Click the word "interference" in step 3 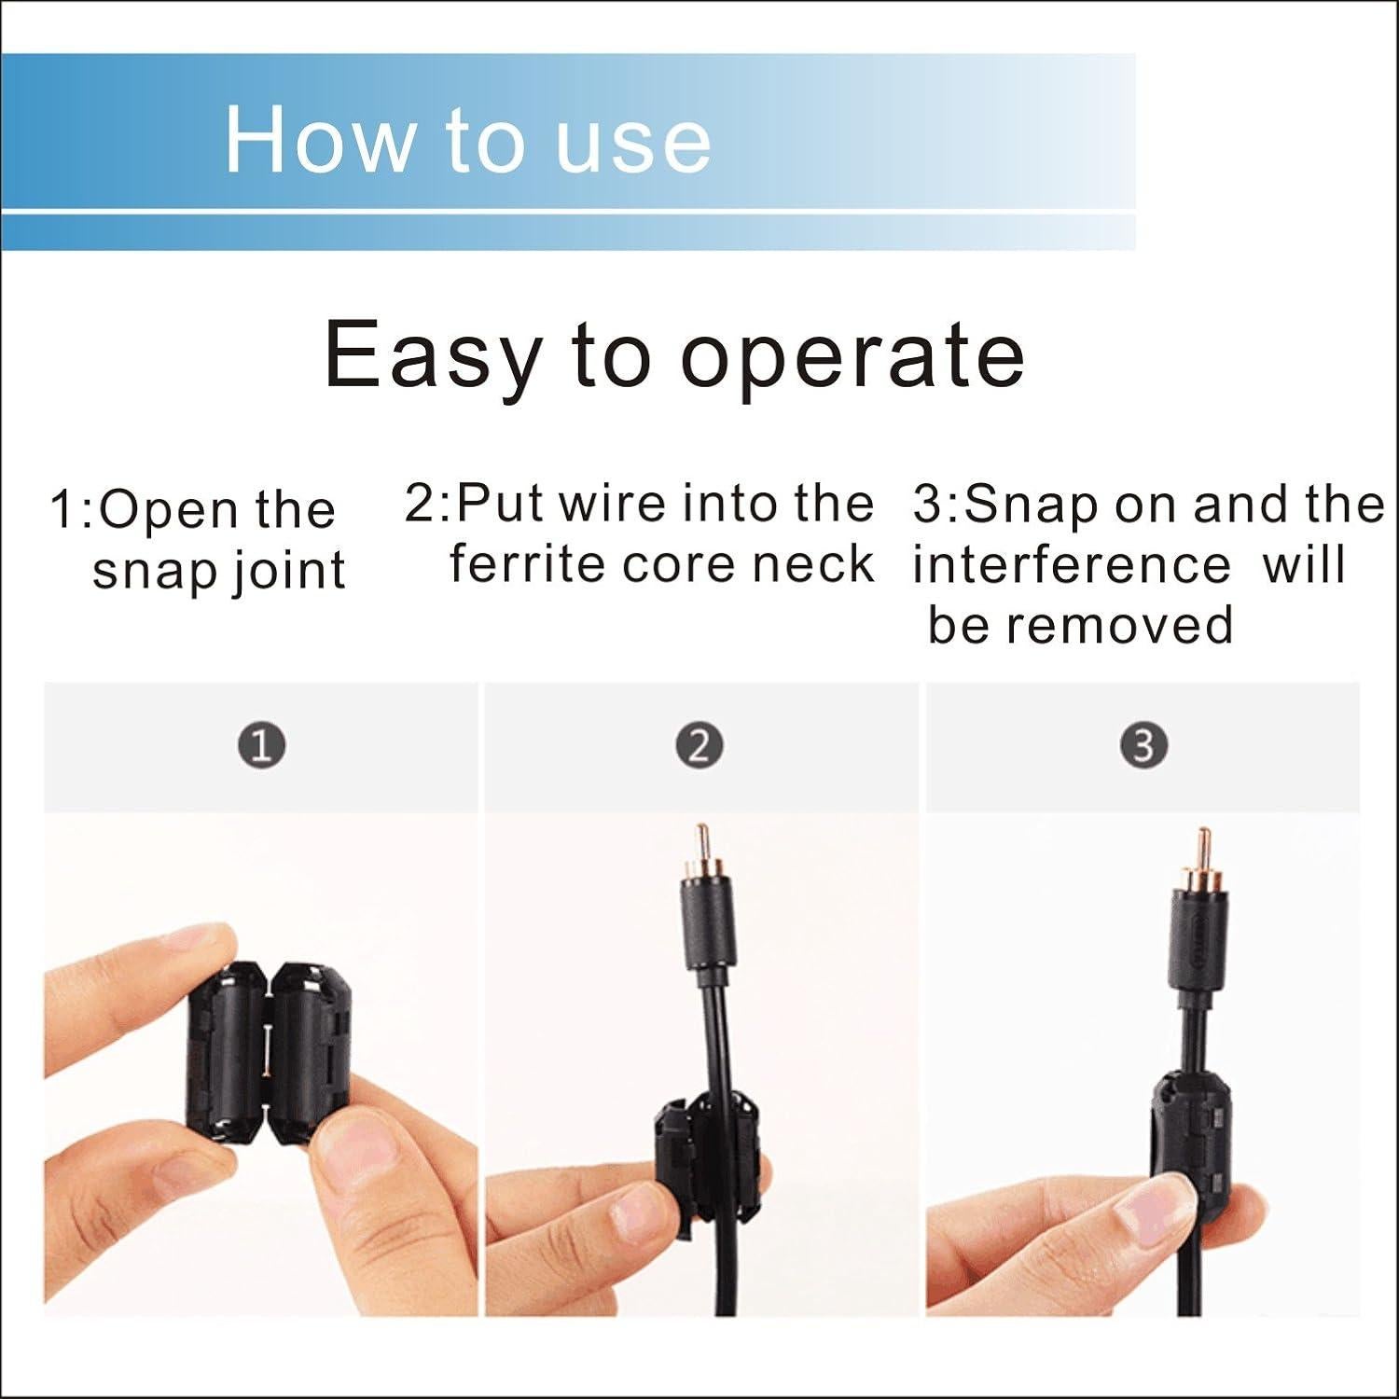(x=1072, y=565)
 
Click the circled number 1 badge (x=262, y=746)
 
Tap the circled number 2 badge (x=700, y=746)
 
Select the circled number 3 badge (x=1143, y=746)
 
